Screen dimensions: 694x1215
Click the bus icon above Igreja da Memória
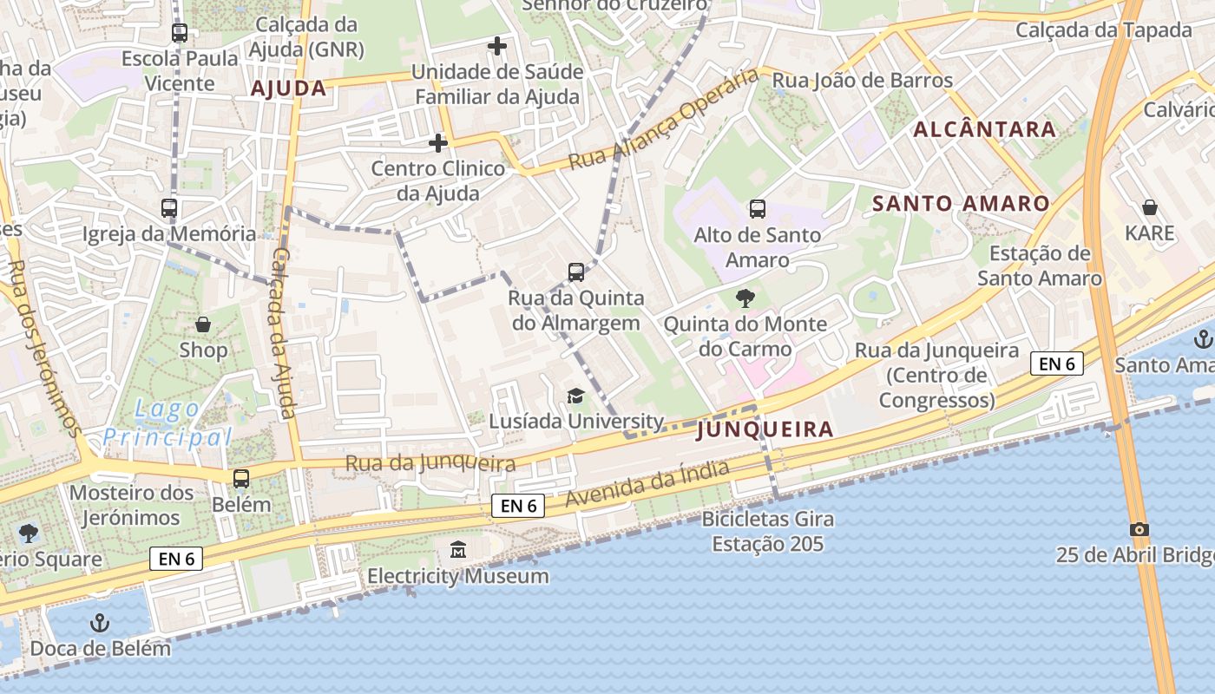coord(169,208)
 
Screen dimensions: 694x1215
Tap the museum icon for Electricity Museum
coord(457,549)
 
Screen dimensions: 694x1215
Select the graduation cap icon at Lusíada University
coord(575,396)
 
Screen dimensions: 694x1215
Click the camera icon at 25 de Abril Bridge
coord(1139,529)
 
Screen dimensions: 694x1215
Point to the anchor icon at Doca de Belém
coord(101,622)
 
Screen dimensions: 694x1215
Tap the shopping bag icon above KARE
coord(1149,207)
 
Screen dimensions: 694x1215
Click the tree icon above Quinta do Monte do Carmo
coord(745,299)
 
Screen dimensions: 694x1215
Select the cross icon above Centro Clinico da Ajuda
coord(438,142)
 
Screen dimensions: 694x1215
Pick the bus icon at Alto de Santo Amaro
coord(757,208)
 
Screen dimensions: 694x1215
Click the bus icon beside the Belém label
coord(241,479)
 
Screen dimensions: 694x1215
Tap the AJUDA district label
coord(288,88)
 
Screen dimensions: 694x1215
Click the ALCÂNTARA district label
coord(984,129)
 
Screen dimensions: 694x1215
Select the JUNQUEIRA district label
coord(765,429)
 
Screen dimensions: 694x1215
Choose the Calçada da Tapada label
coord(1104,29)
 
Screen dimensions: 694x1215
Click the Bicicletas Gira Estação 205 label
coord(768,532)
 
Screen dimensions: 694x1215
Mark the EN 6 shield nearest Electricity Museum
coord(518,506)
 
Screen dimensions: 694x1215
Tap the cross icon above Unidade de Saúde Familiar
coord(496,45)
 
